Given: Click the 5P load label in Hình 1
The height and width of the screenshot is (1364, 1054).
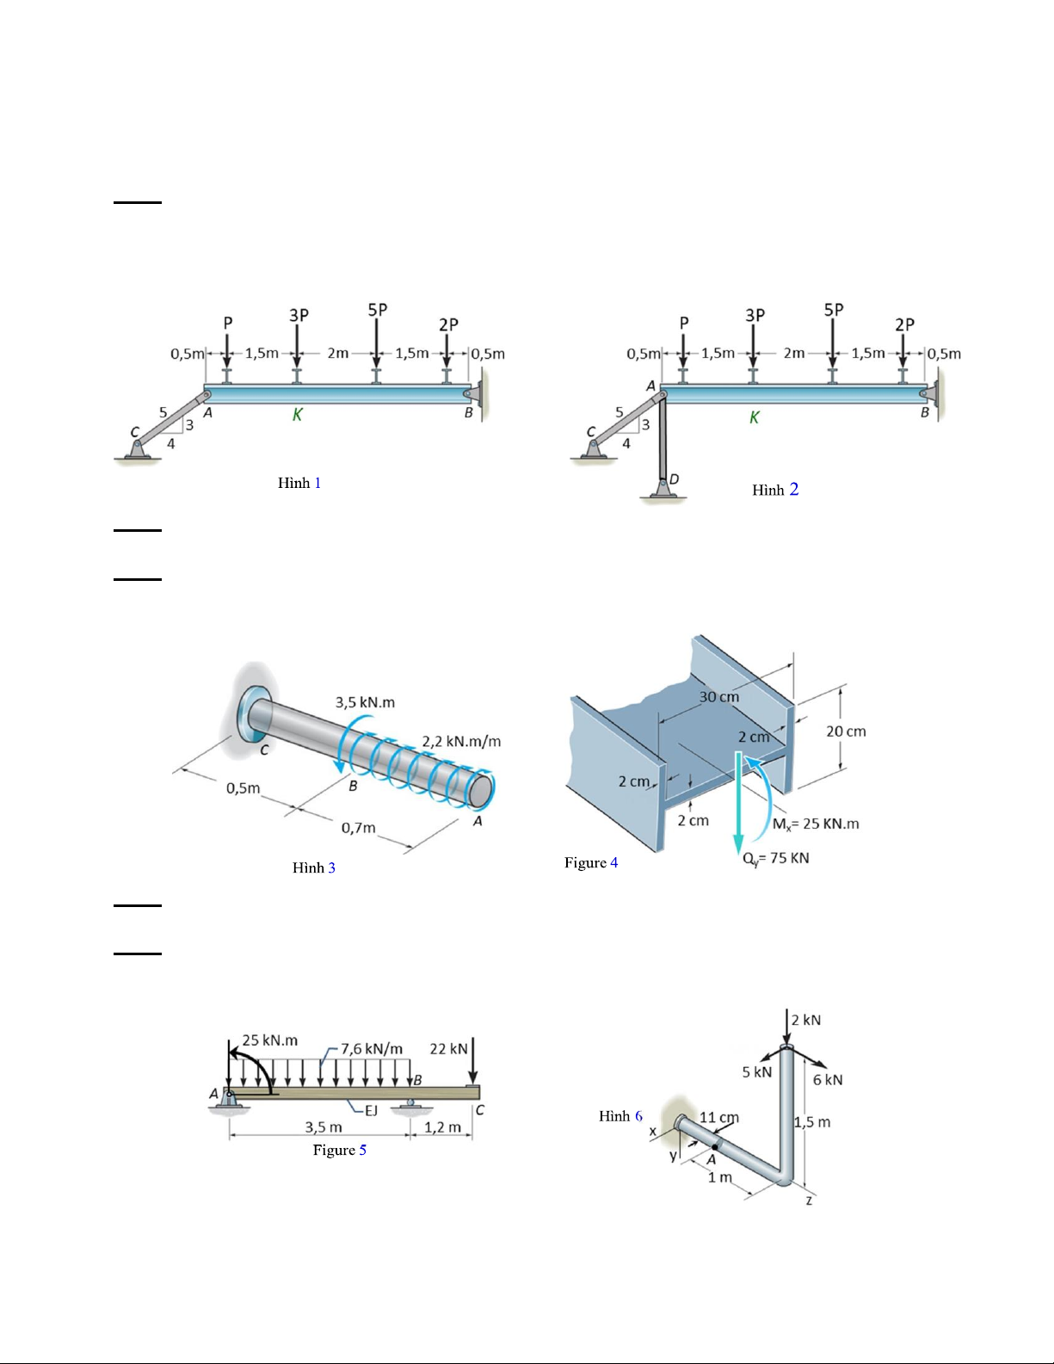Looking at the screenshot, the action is pyautogui.click(x=378, y=310).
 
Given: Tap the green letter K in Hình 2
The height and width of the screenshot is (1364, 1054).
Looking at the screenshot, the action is pyautogui.click(x=754, y=417).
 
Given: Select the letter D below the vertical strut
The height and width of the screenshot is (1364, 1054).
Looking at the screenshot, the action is pyautogui.click(x=675, y=479).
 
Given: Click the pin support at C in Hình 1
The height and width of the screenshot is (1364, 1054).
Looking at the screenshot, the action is pyautogui.click(x=138, y=449).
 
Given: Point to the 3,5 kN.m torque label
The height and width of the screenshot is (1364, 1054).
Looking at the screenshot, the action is pyautogui.click(x=365, y=702).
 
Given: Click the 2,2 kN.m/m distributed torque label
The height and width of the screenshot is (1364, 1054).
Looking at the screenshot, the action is pyautogui.click(x=461, y=741).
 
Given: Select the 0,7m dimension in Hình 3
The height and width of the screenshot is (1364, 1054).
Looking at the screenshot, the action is pyautogui.click(x=358, y=828).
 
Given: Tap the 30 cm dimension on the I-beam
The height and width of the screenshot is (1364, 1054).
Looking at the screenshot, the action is pyautogui.click(x=719, y=697).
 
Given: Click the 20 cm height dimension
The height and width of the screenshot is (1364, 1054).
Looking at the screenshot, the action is pyautogui.click(x=846, y=731).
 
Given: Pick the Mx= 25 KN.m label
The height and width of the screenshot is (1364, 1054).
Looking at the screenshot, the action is pyautogui.click(x=816, y=824).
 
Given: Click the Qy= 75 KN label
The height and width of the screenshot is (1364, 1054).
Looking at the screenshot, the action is pyautogui.click(x=776, y=859).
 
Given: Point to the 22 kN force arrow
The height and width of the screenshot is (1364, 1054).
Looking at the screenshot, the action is pyautogui.click(x=473, y=1061).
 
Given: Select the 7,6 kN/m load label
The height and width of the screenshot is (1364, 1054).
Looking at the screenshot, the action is pyautogui.click(x=372, y=1049).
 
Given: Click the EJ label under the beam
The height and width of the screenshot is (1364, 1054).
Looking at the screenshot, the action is pyautogui.click(x=372, y=1110).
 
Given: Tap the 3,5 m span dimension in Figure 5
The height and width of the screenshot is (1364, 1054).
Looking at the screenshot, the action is pyautogui.click(x=324, y=1126).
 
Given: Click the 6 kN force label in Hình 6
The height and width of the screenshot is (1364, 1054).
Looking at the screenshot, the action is pyautogui.click(x=828, y=1080).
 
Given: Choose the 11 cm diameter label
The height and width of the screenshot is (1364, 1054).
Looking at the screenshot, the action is pyautogui.click(x=719, y=1117).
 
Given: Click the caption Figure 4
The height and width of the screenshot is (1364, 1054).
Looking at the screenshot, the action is pyautogui.click(x=591, y=863).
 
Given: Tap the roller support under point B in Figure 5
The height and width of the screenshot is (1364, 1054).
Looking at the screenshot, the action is pyautogui.click(x=410, y=1106).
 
